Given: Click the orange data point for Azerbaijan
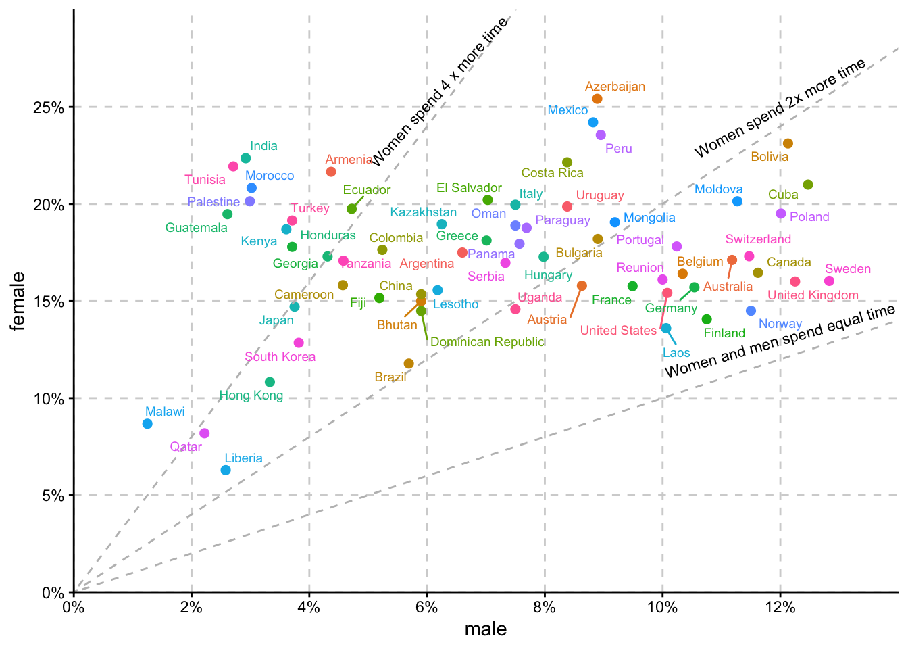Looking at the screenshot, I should pyautogui.click(x=597, y=99).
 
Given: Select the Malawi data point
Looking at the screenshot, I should pyautogui.click(x=147, y=424).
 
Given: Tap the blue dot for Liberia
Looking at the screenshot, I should pyautogui.click(x=226, y=470).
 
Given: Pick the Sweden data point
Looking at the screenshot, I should pyautogui.click(x=829, y=281).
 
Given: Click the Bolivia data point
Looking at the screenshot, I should pyautogui.click(x=788, y=143).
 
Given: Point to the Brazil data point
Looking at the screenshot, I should pyautogui.click(x=409, y=364).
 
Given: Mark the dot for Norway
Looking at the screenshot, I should pyautogui.click(x=751, y=310).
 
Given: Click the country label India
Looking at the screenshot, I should pyautogui.click(x=263, y=146).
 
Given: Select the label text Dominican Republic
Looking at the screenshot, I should pyautogui.click(x=487, y=342).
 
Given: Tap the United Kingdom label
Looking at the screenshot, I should pyautogui.click(x=813, y=295).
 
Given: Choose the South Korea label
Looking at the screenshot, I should pyautogui.click(x=280, y=357).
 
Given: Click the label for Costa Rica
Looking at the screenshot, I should pyautogui.click(x=552, y=173).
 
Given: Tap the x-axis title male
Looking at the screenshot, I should pyautogui.click(x=485, y=630).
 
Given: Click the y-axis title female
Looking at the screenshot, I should pyautogui.click(x=18, y=301).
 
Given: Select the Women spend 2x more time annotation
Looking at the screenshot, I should pyautogui.click(x=780, y=108).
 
